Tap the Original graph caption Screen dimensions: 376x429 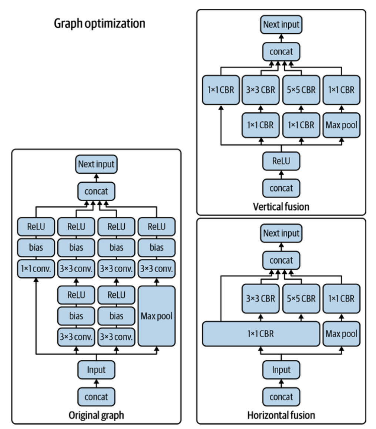pos(96,415)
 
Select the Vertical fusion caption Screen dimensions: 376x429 pos(281,207)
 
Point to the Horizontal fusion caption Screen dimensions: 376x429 pos(281,415)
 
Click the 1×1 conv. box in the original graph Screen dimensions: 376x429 pos(36,268)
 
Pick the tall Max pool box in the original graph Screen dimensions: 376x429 pos(157,316)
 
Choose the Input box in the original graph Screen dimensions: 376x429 pos(96,369)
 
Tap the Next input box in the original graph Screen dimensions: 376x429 pos(96,164)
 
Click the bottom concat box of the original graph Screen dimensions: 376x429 pos(96,397)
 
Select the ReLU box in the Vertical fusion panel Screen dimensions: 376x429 pos(281,161)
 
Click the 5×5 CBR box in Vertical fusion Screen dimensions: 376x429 pos(301,90)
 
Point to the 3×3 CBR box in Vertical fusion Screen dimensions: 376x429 pos(261,90)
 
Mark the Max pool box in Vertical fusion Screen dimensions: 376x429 pos(341,125)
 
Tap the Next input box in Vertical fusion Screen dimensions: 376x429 pos(281,25)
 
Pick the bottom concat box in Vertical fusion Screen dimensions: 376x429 pos(281,188)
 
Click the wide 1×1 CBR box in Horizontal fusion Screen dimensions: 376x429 pos(261,334)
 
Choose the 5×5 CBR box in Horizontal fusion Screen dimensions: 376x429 pos(301,298)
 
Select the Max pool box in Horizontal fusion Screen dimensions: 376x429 pos(341,334)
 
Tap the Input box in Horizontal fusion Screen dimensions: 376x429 pos(281,369)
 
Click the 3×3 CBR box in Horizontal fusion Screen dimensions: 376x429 pos(261,298)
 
